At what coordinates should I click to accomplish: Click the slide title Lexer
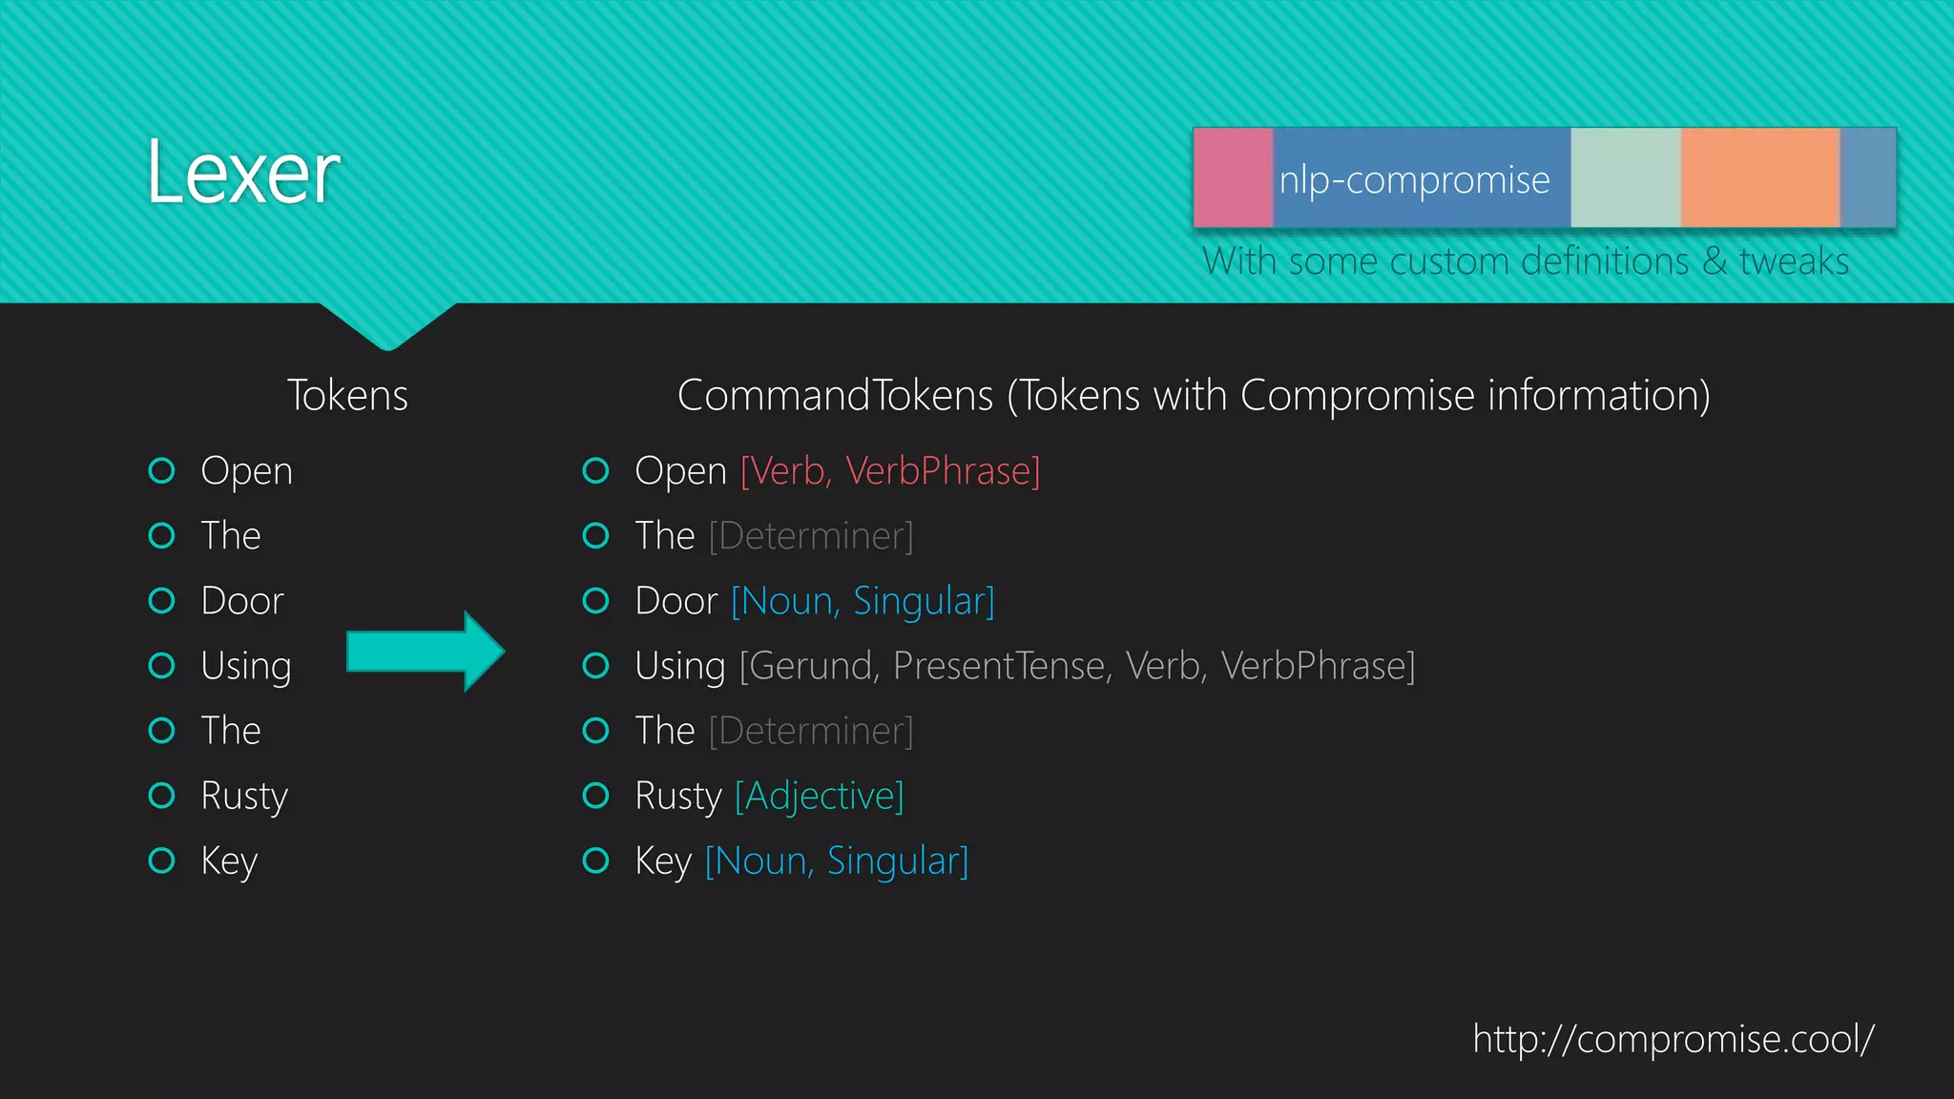[x=243, y=174]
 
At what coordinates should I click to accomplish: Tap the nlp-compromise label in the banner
[x=1414, y=179]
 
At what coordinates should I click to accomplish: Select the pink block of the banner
[x=1233, y=177]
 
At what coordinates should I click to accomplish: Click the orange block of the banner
[x=1759, y=177]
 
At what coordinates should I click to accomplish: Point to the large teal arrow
[x=425, y=652]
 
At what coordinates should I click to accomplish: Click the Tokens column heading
[x=347, y=396]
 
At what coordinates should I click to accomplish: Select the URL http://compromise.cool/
[x=1673, y=1039]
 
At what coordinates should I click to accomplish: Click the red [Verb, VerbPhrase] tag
[x=889, y=471]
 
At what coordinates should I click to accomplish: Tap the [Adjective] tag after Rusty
[x=819, y=796]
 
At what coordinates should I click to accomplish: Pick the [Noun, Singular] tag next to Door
[x=863, y=601]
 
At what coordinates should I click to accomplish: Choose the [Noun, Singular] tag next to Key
[x=837, y=861]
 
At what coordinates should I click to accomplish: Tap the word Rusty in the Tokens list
[x=244, y=796]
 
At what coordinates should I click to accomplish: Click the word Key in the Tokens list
[x=229, y=861]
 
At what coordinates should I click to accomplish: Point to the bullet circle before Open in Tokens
[x=162, y=470]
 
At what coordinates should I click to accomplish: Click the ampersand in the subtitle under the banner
[x=1715, y=261]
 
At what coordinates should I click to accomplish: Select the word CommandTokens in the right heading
[x=835, y=396]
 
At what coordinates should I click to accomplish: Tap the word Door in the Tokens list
[x=242, y=601]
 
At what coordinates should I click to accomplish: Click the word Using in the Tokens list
[x=245, y=666]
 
